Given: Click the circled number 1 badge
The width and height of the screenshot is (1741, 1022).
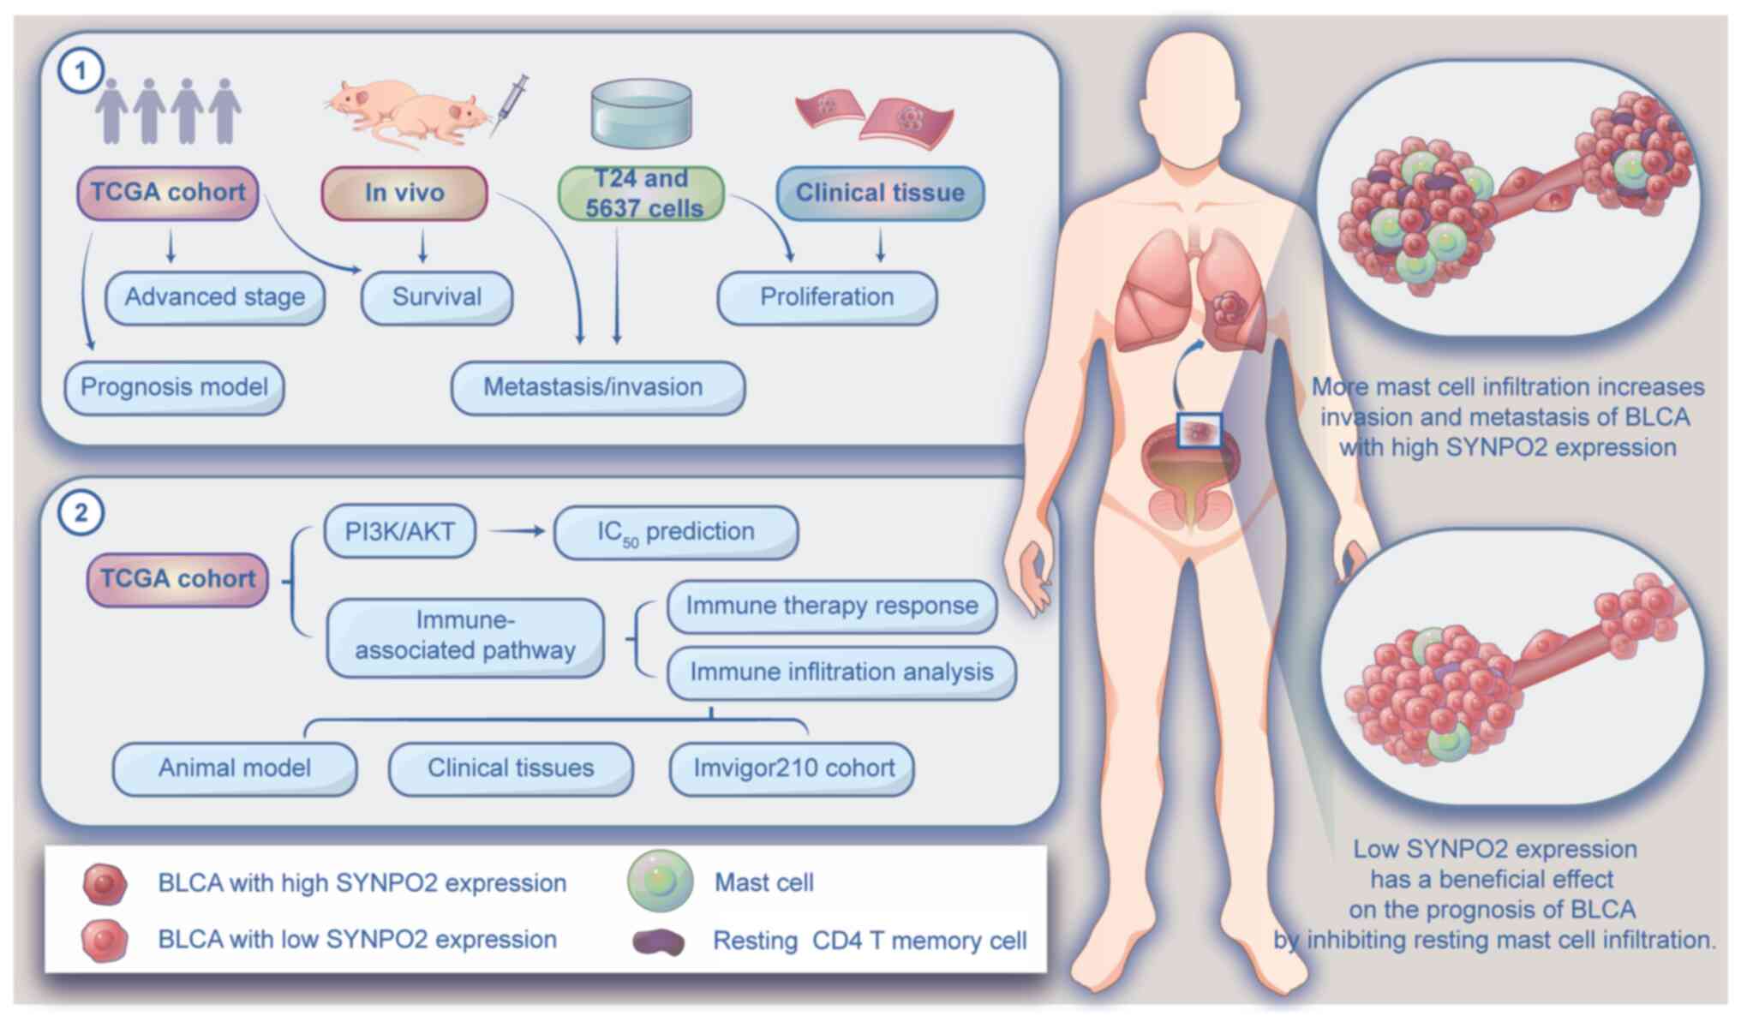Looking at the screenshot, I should click(81, 70).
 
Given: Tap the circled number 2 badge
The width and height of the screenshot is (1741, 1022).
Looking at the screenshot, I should click(81, 512).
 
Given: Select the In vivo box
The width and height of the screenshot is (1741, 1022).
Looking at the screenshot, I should click(404, 193).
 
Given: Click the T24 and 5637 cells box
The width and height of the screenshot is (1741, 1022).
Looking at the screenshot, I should click(642, 194).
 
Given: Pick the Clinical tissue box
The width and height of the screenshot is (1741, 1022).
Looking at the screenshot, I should click(880, 193).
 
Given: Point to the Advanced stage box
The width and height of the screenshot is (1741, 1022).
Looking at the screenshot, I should click(215, 297).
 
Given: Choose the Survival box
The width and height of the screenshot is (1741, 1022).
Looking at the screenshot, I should click(437, 297).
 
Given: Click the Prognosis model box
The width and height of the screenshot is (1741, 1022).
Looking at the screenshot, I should click(175, 387).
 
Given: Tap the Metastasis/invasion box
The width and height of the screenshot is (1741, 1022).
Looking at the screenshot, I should click(597, 387).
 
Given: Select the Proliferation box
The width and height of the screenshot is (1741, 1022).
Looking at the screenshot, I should click(827, 297).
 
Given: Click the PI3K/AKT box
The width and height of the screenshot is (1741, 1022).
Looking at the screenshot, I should click(399, 532).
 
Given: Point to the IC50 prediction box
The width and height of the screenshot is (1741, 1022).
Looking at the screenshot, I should click(676, 532).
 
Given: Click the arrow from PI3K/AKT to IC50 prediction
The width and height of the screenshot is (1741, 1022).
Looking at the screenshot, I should click(517, 531).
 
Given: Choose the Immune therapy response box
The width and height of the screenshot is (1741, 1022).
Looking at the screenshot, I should click(831, 606).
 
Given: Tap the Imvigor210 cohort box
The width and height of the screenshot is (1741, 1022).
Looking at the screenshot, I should click(793, 768).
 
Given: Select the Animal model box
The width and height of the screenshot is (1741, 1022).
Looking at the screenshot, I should click(235, 768).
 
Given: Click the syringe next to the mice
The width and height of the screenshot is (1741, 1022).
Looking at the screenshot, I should click(509, 105).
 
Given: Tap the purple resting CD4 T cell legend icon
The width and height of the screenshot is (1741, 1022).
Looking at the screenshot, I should click(658, 941).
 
